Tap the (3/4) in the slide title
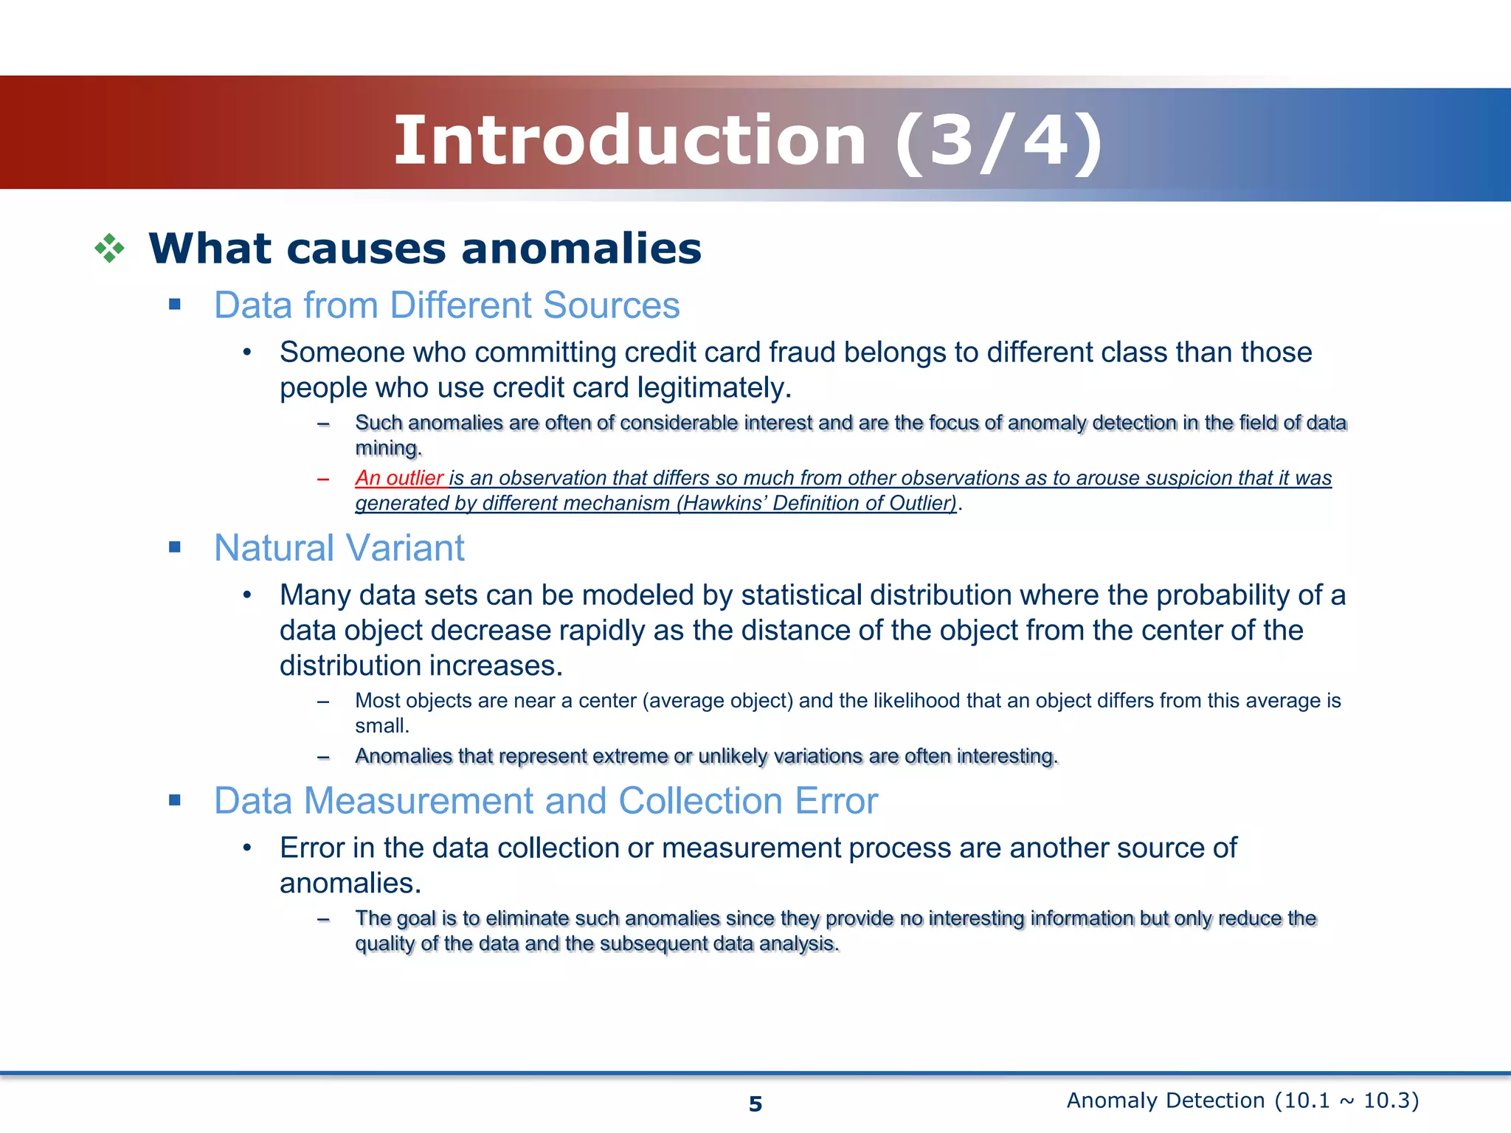point(999,142)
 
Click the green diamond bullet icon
point(109,249)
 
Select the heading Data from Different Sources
point(446,305)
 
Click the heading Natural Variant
point(339,548)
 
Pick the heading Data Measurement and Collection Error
point(545,801)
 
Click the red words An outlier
point(399,478)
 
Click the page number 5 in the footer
point(755,1103)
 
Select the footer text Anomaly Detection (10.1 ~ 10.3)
point(1242,1101)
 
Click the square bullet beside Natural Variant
point(175,547)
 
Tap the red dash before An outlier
point(322,479)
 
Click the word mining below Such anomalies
point(386,448)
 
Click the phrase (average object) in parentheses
point(717,701)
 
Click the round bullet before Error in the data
point(247,848)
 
